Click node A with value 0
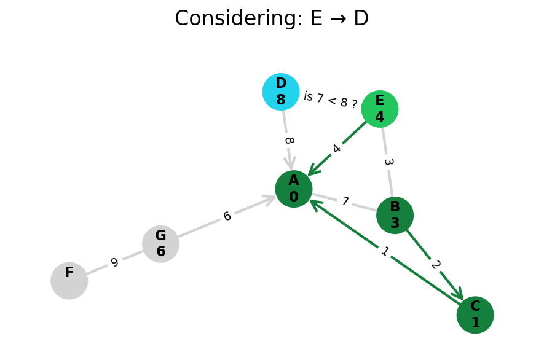pyautogui.click(x=294, y=189)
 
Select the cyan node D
pyautogui.click(x=281, y=92)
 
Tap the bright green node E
pyautogui.click(x=380, y=109)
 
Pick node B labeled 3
pyautogui.click(x=395, y=215)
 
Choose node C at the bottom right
pyautogui.click(x=475, y=315)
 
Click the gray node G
pyautogui.click(x=160, y=244)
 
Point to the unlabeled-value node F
pyautogui.click(x=69, y=281)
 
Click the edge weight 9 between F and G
pyautogui.click(x=114, y=263)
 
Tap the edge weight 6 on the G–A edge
pyautogui.click(x=227, y=216)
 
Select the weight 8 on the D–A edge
pyautogui.click(x=288, y=141)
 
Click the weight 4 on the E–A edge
pyautogui.click(x=336, y=149)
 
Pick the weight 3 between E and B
pyautogui.click(x=388, y=162)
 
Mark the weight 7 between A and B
pyautogui.click(x=345, y=202)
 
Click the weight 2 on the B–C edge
pyautogui.click(x=435, y=265)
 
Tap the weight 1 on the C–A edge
pyautogui.click(x=385, y=251)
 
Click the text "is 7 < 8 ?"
pyautogui.click(x=331, y=100)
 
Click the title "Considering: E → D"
pyautogui.click(x=272, y=18)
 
